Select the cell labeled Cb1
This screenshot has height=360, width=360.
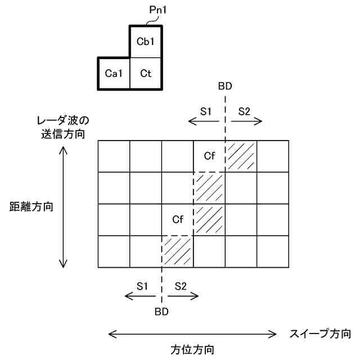[146, 42]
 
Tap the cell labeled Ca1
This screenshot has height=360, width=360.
[114, 73]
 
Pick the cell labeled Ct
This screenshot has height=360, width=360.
[146, 73]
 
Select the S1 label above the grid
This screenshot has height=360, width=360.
[205, 111]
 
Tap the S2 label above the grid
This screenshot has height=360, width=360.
[244, 111]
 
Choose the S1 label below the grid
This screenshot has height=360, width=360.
[142, 286]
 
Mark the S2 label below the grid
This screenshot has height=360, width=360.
[180, 286]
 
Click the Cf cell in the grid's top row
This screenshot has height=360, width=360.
[209, 156]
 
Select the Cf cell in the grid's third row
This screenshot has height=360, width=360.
[178, 219]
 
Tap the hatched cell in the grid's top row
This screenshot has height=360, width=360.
[241, 156]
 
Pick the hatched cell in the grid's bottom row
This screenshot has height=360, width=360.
[178, 251]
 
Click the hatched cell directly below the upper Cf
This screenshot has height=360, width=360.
[209, 187]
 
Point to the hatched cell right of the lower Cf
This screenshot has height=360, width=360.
[209, 219]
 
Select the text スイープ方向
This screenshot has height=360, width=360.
[321, 333]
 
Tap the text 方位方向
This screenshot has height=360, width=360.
[192, 349]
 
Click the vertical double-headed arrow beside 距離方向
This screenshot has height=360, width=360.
[64, 207]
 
